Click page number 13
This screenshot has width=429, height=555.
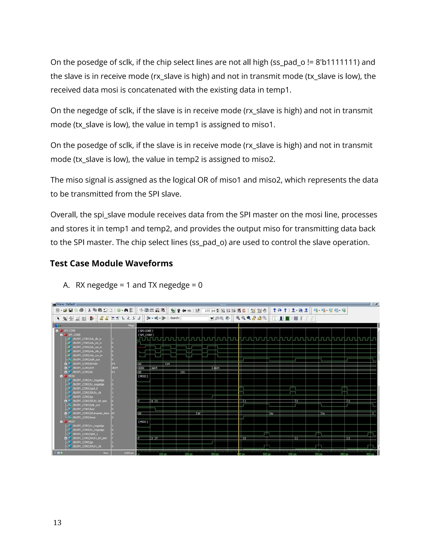pyautogui.click(x=57, y=523)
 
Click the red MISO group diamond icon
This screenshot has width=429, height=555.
pyautogui.click(x=66, y=422)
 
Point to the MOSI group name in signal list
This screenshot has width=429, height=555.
pyautogui.click(x=71, y=376)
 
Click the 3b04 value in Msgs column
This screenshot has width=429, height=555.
pyautogui.click(x=115, y=368)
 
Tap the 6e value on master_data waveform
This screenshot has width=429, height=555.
pyautogui.click(x=272, y=413)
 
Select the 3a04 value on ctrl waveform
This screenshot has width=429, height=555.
pyautogui.click(x=154, y=368)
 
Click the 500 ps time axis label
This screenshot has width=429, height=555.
pyautogui.click(x=266, y=454)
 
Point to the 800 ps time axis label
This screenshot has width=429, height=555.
pyautogui.click(x=344, y=454)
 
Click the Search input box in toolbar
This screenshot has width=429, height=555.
pyautogui.click(x=195, y=318)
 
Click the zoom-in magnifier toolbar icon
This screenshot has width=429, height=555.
pyautogui.click(x=238, y=318)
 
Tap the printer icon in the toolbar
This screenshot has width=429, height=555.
pyautogui.click(x=81, y=310)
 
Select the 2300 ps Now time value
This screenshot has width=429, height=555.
pyautogui.click(x=129, y=453)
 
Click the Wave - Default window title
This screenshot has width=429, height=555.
pyautogui.click(x=66, y=304)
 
